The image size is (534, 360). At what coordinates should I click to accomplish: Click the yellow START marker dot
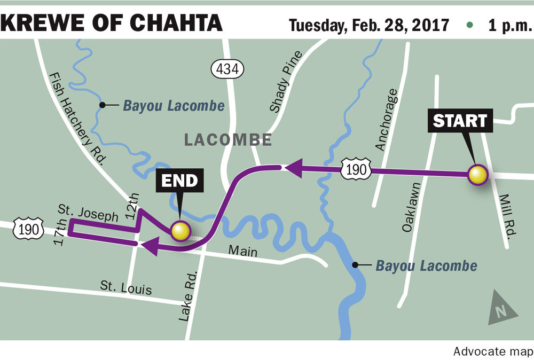pyautogui.click(x=477, y=175)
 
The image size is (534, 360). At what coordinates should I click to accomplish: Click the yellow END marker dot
pyautogui.click(x=180, y=231)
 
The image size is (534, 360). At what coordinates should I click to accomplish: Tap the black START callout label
pyautogui.click(x=460, y=120)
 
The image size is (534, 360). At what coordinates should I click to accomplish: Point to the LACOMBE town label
pyautogui.click(x=228, y=140)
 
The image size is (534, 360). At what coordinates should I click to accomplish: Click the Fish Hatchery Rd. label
pyautogui.click(x=78, y=119)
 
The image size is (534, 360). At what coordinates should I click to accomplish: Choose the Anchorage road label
pyautogui.click(x=387, y=119)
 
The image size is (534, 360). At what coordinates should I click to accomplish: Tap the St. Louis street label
pyautogui.click(x=126, y=287)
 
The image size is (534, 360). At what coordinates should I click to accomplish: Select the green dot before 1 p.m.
pyautogui.click(x=469, y=25)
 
